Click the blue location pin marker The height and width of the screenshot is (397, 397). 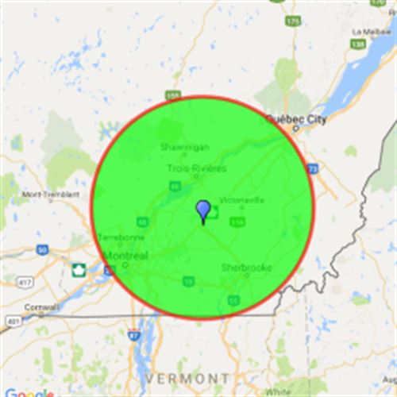coord(203,211)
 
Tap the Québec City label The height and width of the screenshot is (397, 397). coord(296,118)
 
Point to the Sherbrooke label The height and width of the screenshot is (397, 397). coord(246,268)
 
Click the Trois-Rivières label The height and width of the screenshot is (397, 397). coord(197,168)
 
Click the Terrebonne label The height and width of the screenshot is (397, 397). coord(121,237)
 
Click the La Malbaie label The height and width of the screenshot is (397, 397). coord(369,32)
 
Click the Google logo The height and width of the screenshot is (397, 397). coord(28,392)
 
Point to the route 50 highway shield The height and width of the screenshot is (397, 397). coord(41,249)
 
